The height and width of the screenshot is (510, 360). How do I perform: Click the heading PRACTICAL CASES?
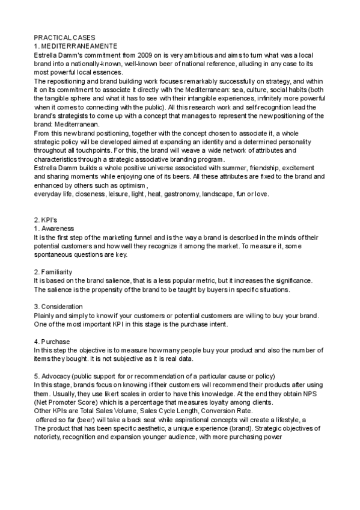64,37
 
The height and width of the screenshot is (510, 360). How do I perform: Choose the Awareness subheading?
58,229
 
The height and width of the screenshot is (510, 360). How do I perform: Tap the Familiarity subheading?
58,272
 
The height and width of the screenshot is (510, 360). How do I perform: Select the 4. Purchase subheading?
54,342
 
